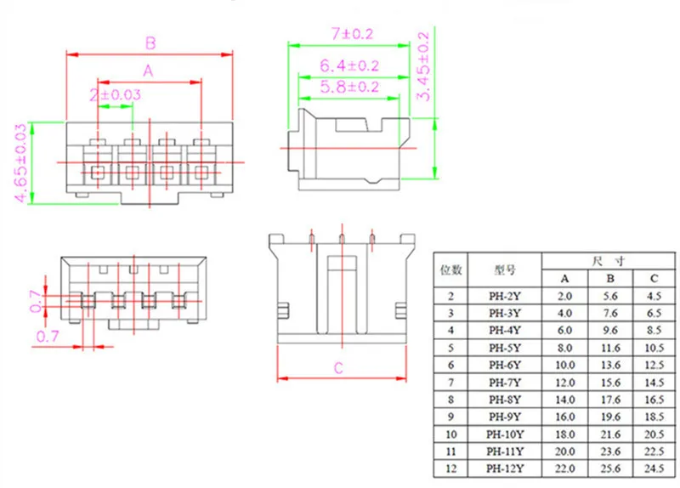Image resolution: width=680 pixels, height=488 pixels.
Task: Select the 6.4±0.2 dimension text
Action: [350, 65]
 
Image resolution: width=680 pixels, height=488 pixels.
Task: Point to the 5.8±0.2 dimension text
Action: [350, 87]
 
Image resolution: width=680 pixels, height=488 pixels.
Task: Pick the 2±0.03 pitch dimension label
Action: [114, 94]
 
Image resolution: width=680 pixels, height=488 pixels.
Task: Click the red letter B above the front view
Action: [150, 43]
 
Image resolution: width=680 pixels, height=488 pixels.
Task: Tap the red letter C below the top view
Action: [338, 368]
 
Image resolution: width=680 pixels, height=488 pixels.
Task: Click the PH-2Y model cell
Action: [506, 297]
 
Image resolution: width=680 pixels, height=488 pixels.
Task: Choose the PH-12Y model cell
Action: [506, 468]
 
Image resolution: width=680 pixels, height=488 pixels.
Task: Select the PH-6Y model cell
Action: [506, 365]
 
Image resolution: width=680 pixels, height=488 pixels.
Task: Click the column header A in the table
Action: [565, 278]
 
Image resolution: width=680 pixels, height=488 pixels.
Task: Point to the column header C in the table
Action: [653, 278]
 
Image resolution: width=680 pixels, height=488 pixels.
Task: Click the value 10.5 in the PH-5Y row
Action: [653, 348]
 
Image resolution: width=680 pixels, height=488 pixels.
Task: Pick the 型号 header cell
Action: [506, 270]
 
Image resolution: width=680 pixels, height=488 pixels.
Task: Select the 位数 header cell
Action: [450, 270]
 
